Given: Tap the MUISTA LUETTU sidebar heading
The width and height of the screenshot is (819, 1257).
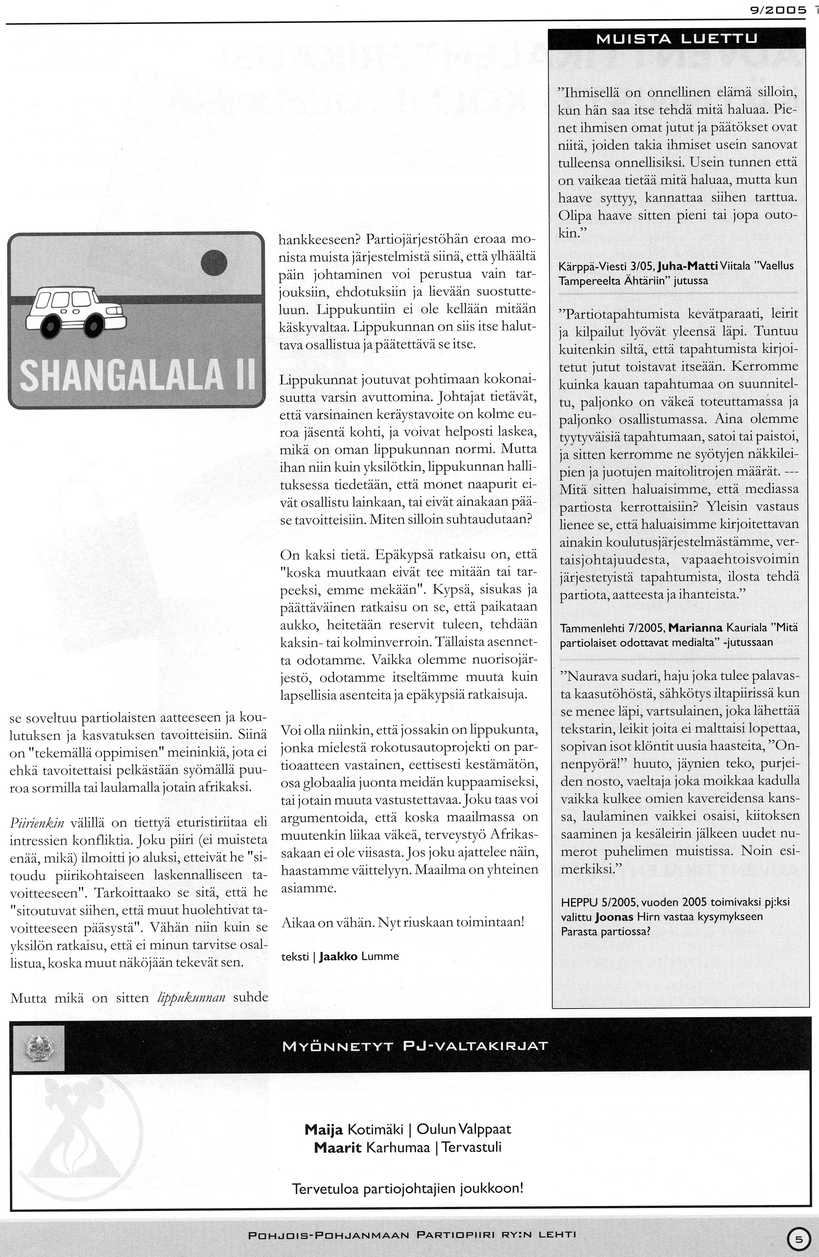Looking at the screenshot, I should (677, 39).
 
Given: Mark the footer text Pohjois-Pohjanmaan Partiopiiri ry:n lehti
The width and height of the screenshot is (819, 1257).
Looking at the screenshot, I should (412, 1235).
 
